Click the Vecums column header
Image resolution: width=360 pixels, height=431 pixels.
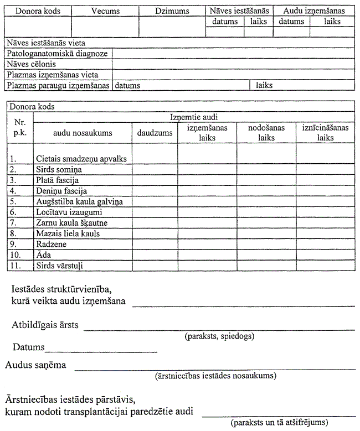(x=105, y=11)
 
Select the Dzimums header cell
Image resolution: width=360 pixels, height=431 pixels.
(x=172, y=11)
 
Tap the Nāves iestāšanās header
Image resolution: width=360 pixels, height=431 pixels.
(x=239, y=11)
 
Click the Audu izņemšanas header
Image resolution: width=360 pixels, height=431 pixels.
(x=314, y=11)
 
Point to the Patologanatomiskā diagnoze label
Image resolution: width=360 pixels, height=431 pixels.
(x=58, y=54)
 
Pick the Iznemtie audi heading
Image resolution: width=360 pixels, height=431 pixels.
(x=193, y=117)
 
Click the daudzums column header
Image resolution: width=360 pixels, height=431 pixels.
(x=155, y=133)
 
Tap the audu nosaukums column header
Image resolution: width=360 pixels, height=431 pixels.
(x=83, y=133)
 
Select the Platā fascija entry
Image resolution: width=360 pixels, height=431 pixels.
(x=58, y=180)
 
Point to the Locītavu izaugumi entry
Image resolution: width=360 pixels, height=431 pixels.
(x=69, y=212)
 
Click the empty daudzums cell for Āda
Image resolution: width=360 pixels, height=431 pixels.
(x=155, y=255)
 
